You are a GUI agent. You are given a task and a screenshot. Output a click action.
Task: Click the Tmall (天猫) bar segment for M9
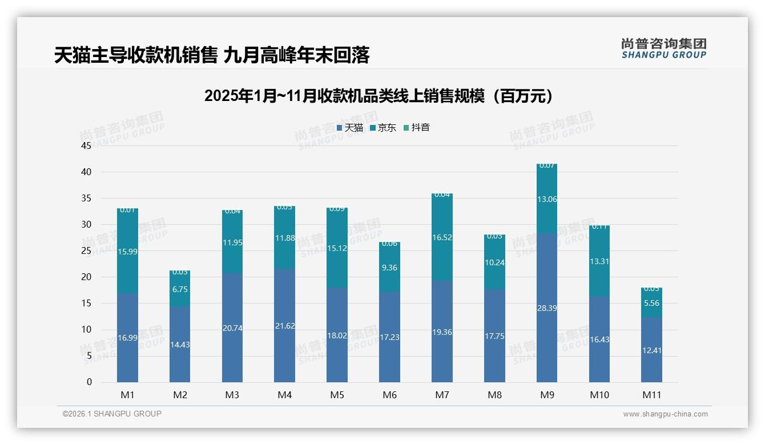coord(546,308)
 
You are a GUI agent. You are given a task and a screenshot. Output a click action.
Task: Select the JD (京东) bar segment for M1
coord(127,251)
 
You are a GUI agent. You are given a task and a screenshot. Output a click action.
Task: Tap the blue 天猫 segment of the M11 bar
coord(651,350)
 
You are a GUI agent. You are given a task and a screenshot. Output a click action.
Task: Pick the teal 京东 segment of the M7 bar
coord(442,237)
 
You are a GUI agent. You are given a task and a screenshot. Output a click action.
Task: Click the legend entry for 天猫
coord(350,128)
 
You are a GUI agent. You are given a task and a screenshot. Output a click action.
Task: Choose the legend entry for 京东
coord(383,128)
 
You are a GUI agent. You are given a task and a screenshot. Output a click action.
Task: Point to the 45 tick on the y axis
coord(86,145)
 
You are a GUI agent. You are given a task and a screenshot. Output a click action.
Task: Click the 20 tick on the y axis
coord(86,277)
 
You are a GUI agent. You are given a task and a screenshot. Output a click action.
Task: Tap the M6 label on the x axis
coord(389,395)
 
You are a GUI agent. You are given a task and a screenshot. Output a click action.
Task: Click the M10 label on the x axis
coord(599,395)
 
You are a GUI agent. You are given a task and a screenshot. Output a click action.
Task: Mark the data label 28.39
coord(546,308)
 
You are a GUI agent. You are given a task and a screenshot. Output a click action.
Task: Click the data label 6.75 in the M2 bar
coord(180,289)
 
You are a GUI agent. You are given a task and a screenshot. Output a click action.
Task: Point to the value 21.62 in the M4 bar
coord(284,326)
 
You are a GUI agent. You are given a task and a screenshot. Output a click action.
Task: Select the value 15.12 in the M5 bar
coord(337,248)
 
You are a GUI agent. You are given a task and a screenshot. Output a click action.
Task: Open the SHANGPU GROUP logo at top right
coord(663,48)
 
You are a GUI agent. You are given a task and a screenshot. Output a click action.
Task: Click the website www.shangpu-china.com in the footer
coord(665,414)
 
